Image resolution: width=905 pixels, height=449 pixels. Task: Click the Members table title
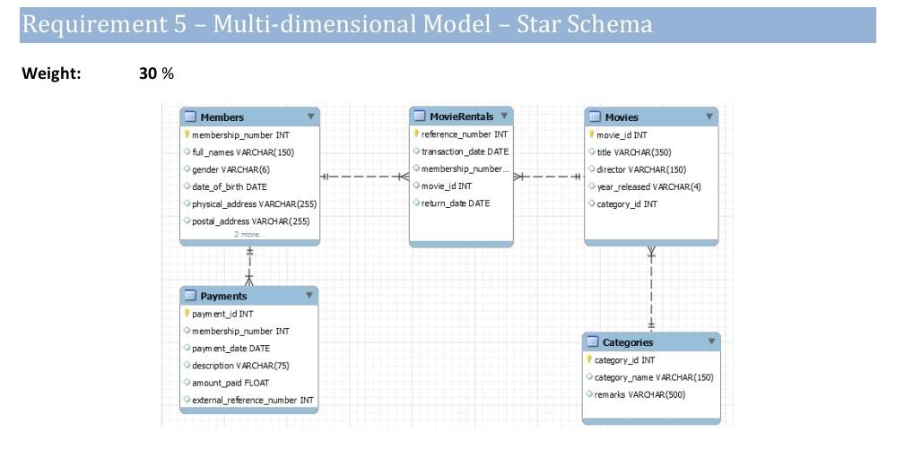coord(222,117)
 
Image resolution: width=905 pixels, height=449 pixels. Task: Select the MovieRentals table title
coord(461,117)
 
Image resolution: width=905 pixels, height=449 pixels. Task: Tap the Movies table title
coord(622,117)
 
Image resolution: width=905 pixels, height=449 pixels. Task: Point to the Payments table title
coord(223,296)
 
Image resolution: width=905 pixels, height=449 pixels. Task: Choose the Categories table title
coord(628,342)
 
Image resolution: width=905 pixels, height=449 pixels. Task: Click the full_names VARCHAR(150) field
coord(242,152)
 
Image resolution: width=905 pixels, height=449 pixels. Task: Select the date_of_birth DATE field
coord(229,186)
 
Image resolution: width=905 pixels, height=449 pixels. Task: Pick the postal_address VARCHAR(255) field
coord(250,221)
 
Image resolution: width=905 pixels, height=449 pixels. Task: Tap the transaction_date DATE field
coord(465,151)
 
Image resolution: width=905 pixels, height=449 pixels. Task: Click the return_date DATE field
coord(456,203)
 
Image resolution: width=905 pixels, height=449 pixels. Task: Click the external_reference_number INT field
coord(253,400)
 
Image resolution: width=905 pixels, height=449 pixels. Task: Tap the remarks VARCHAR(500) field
coord(640,394)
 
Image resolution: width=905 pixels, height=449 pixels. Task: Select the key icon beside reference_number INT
coord(416,134)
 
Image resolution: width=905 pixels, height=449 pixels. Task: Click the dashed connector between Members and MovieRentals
coord(363,177)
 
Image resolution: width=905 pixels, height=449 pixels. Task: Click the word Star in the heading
coord(539,24)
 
